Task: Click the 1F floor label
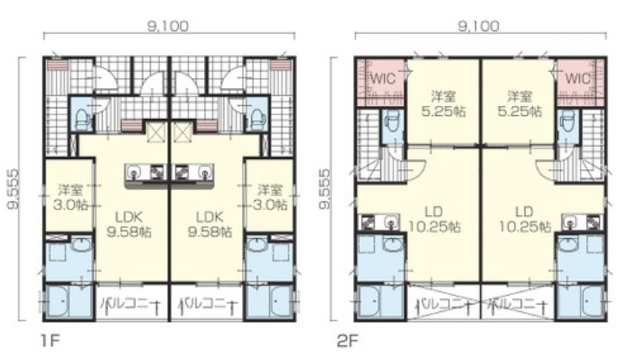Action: tap(51, 341)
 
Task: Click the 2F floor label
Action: tap(347, 341)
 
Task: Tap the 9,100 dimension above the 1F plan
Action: tap(169, 26)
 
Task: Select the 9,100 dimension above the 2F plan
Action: tap(478, 26)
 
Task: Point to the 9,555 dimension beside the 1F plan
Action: tap(13, 189)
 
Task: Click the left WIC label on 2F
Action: tap(383, 78)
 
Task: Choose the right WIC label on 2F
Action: tap(578, 78)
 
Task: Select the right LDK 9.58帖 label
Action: tap(209, 224)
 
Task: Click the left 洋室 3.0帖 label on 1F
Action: tap(70, 197)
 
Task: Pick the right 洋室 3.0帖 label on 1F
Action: tap(271, 197)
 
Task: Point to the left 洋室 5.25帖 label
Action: tap(444, 104)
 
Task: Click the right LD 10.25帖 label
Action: tap(525, 219)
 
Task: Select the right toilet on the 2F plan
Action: tap(567, 121)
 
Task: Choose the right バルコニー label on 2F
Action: tap(518, 304)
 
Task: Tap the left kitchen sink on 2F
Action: tap(392, 222)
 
